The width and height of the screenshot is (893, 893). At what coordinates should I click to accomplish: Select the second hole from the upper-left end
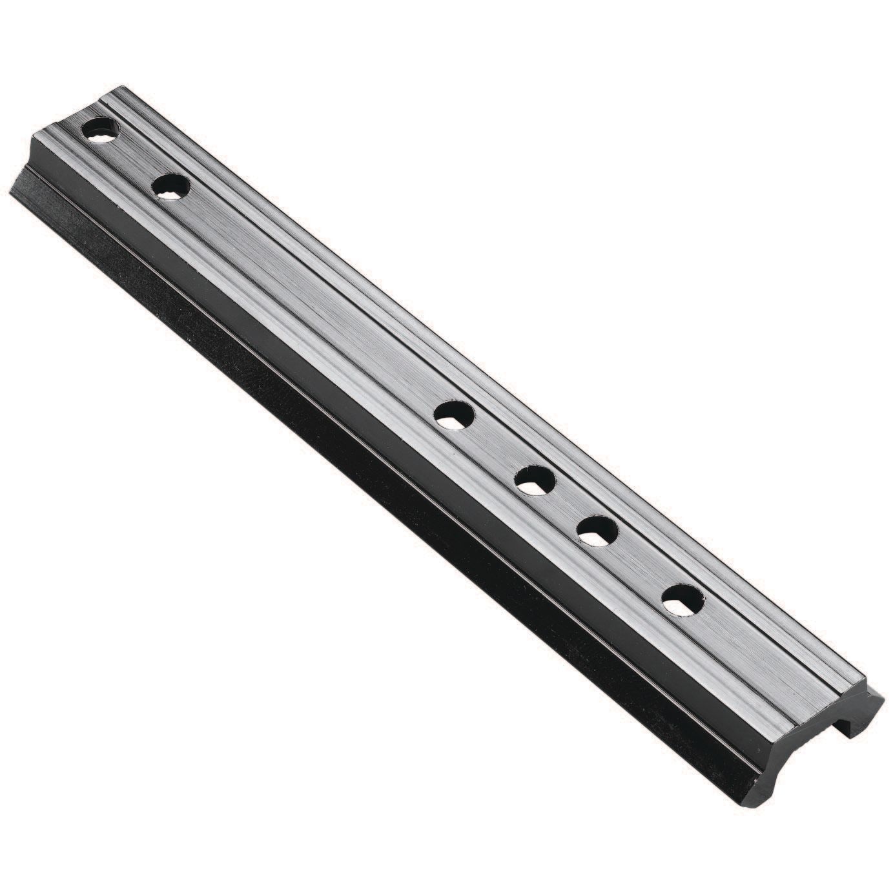tap(171, 187)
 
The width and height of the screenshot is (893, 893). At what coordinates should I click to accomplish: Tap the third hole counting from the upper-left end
tap(455, 414)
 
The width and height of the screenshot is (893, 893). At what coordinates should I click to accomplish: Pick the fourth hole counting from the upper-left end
tap(535, 480)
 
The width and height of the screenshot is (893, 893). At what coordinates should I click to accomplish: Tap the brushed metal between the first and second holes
tap(136, 159)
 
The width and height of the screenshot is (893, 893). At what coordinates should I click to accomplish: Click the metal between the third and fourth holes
tap(495, 447)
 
